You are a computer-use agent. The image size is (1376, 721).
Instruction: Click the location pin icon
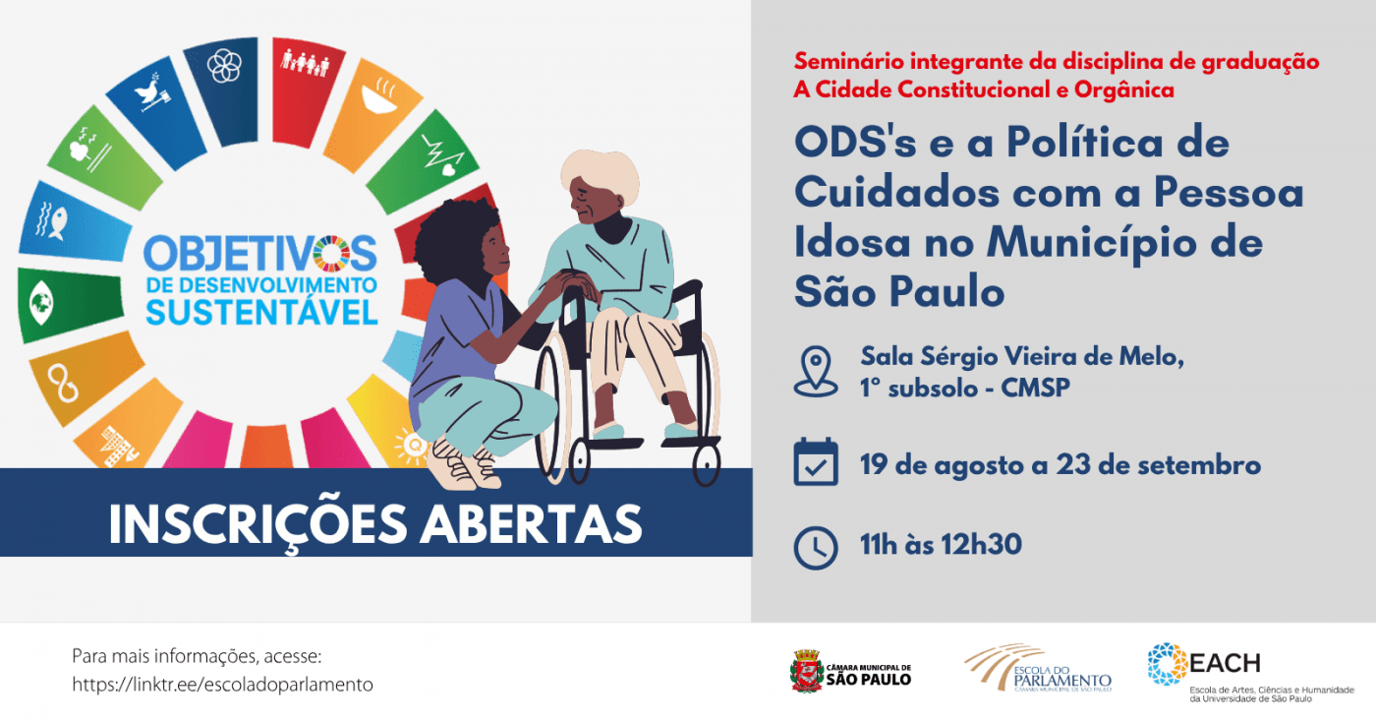click(x=815, y=372)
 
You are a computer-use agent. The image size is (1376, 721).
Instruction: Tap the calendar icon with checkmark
click(x=816, y=461)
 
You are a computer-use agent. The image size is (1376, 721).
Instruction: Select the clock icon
click(x=816, y=548)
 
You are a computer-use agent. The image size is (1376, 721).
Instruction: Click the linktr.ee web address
click(x=222, y=685)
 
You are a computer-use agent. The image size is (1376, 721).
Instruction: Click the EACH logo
click(x=1250, y=673)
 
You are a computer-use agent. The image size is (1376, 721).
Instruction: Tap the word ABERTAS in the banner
click(x=531, y=524)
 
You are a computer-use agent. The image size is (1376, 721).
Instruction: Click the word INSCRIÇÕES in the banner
click(x=258, y=525)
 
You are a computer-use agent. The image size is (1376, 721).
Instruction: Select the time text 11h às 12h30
click(x=941, y=545)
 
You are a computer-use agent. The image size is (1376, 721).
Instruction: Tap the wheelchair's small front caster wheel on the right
click(x=707, y=465)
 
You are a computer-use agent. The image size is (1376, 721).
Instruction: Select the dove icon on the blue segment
click(x=151, y=92)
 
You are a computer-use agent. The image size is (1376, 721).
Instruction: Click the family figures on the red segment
click(x=306, y=63)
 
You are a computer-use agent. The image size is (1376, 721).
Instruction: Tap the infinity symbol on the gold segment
click(x=63, y=383)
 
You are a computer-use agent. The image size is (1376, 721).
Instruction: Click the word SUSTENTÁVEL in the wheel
click(x=261, y=312)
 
